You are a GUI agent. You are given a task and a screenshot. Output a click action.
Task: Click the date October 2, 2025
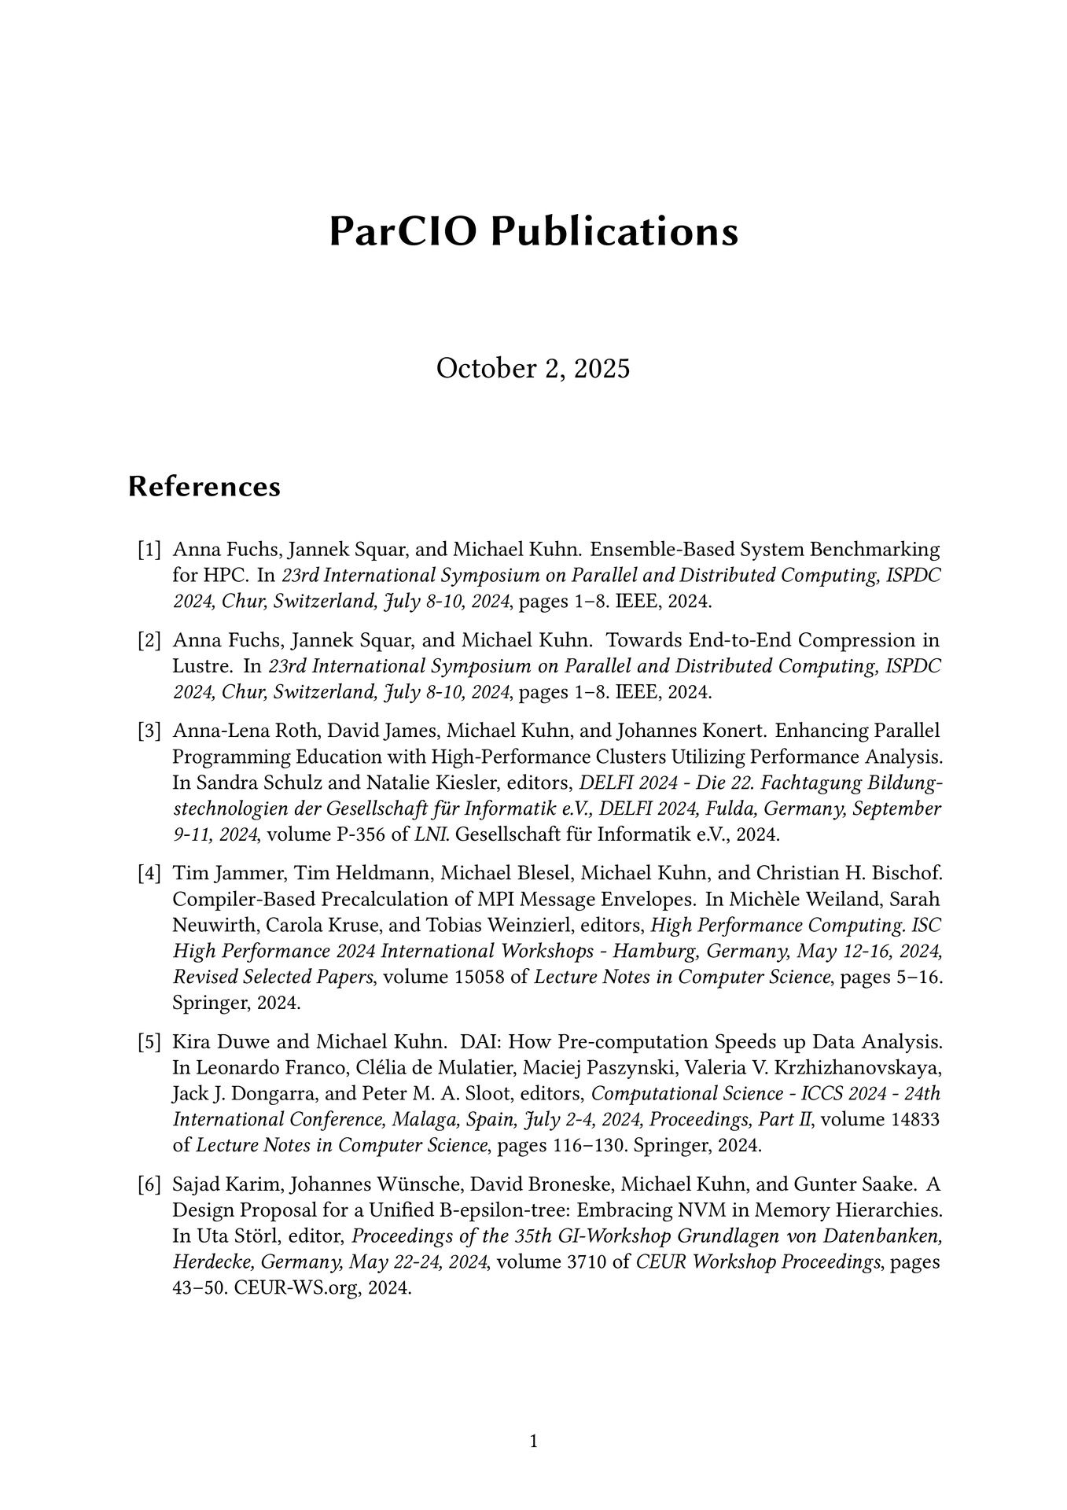pos(533,368)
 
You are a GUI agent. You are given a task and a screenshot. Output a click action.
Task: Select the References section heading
pos(204,487)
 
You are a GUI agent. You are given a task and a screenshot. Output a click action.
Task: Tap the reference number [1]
pos(149,549)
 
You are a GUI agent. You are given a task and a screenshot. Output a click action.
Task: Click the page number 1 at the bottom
pos(534,1442)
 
